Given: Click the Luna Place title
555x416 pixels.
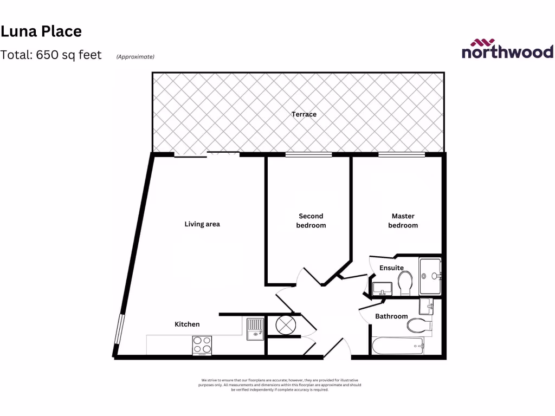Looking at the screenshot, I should [x=41, y=31].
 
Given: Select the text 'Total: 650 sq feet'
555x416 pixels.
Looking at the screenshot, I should [x=51, y=55].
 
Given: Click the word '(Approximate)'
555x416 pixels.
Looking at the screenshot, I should [x=135, y=56].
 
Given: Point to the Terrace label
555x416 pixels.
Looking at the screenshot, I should [x=304, y=114].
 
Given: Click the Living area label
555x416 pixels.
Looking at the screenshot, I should [x=202, y=224].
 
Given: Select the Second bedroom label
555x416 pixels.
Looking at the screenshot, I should [x=311, y=220].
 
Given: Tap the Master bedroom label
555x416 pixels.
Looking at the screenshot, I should [x=403, y=220].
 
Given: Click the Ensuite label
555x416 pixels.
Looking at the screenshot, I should [x=391, y=268].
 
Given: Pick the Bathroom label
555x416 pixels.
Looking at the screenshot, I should [x=391, y=316].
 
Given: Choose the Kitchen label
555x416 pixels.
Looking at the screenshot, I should [x=187, y=324].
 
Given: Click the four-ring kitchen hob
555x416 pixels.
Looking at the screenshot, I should [x=202, y=346].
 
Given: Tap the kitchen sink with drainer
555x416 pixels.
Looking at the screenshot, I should [x=255, y=329].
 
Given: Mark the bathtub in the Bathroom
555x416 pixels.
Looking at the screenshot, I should [x=398, y=345].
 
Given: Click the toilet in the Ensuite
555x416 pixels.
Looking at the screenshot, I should [x=405, y=283].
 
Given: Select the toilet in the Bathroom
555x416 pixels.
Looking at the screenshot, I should [x=419, y=326].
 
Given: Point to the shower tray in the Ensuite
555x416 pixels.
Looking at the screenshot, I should [x=431, y=276].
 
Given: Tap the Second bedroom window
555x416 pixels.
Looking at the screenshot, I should [x=309, y=155].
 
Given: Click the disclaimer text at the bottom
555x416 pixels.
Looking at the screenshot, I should [x=280, y=385].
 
